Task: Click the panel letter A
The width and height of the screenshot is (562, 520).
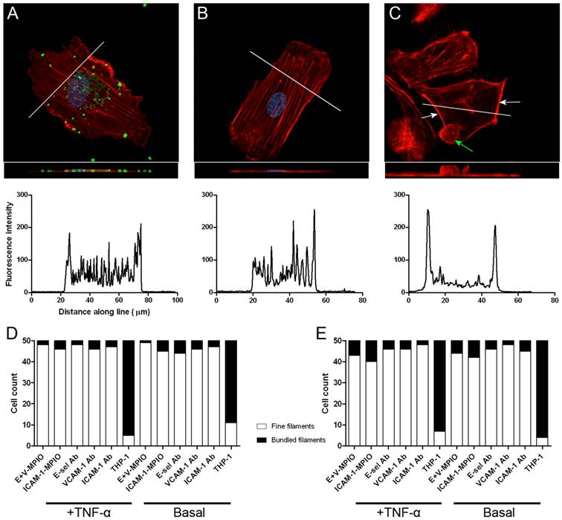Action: [13, 13]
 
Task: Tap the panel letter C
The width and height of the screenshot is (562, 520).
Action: [395, 13]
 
